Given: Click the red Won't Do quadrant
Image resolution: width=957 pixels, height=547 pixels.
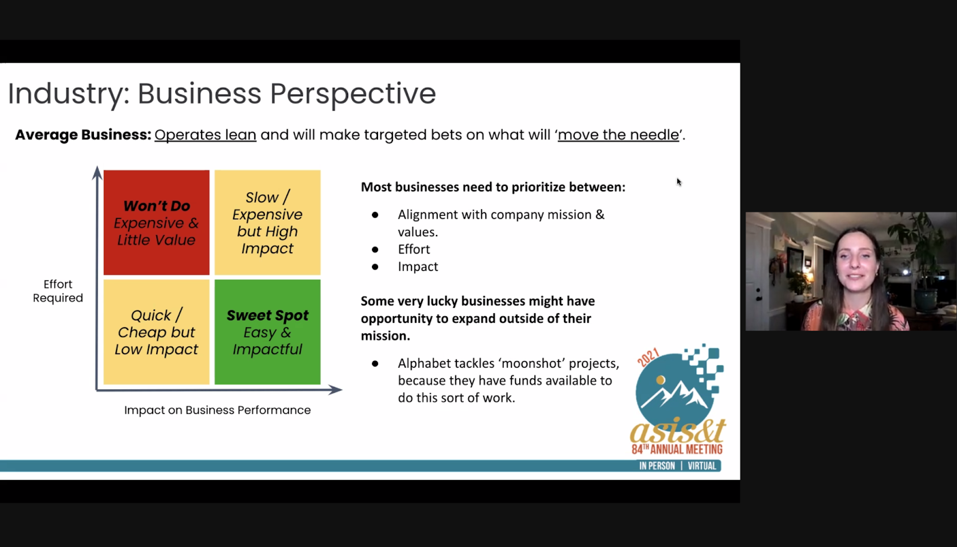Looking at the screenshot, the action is tap(156, 222).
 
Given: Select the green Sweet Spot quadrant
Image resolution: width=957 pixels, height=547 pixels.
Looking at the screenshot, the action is tap(267, 332).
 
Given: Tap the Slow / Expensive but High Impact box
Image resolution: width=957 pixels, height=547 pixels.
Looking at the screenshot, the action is tap(267, 222).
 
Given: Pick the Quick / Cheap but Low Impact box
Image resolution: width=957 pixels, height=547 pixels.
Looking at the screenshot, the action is tap(156, 332).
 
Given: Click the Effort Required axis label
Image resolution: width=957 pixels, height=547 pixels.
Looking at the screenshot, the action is tap(57, 291).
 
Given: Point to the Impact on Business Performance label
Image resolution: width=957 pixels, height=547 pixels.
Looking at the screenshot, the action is tap(218, 410).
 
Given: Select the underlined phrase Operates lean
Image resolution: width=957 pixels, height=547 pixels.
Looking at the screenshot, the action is tap(206, 135).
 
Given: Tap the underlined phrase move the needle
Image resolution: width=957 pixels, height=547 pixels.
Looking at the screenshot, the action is tap(618, 135).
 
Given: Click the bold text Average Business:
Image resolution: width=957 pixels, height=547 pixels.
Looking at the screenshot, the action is tap(83, 135).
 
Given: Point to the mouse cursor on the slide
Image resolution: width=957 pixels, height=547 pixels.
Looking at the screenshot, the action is tap(679, 182).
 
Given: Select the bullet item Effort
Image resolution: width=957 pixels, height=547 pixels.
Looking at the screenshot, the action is tap(414, 249).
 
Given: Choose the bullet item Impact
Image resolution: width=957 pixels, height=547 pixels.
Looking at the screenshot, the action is tap(418, 267).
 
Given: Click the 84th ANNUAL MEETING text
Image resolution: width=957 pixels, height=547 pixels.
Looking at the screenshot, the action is tap(677, 449).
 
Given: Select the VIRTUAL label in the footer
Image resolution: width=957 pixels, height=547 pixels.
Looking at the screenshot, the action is tap(702, 466).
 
